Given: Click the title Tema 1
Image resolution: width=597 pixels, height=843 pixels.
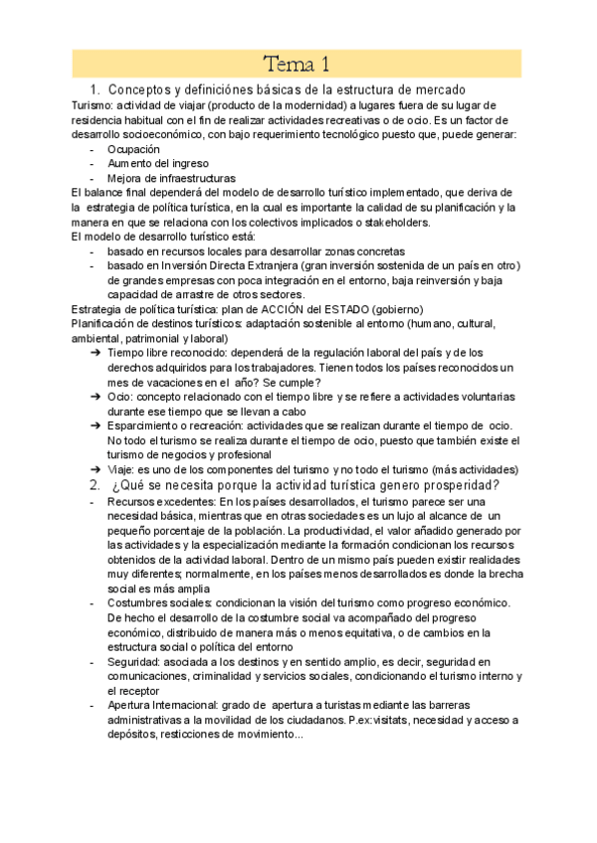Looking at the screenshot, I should click(297, 66).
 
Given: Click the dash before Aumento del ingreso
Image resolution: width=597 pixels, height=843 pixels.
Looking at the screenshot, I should click(92, 164).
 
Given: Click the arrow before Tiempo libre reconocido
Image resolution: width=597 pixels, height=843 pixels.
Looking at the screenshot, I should click(93, 353).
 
